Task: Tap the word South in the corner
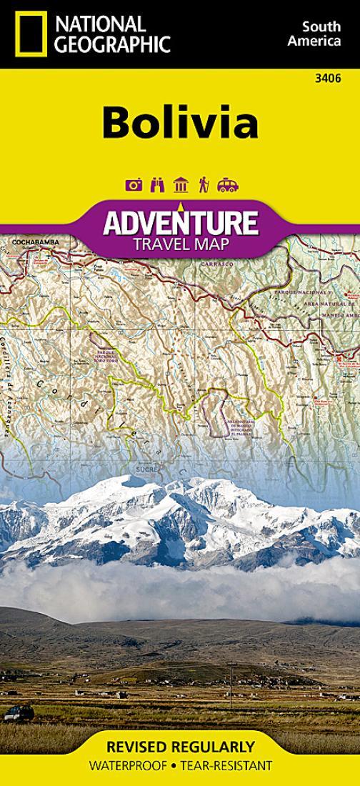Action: (x=315, y=26)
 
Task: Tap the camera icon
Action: (x=134, y=185)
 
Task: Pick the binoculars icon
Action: (x=157, y=185)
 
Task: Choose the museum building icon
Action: (x=181, y=185)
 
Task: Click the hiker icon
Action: (x=204, y=185)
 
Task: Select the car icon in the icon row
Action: (x=228, y=185)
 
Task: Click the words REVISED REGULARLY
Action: (x=179, y=747)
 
